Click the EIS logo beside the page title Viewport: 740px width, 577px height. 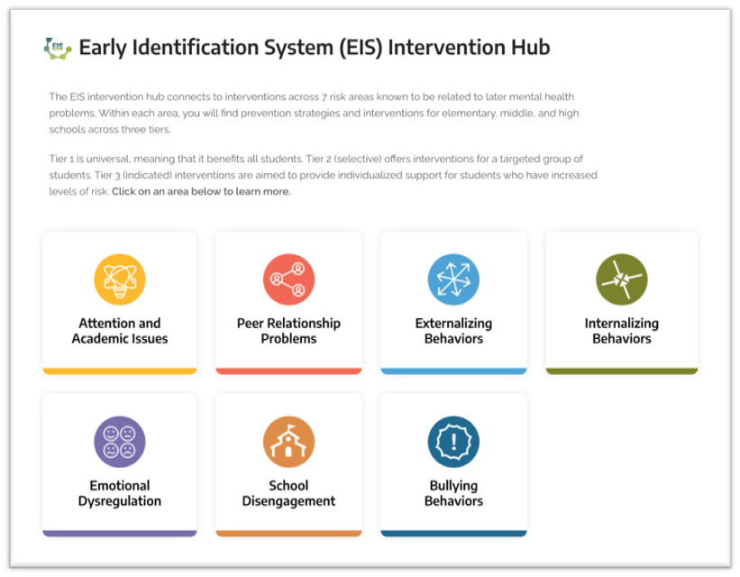58,48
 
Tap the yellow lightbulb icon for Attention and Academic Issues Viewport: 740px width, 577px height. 120,279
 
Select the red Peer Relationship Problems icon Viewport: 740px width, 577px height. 288,279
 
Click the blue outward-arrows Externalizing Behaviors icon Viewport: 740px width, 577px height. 453,279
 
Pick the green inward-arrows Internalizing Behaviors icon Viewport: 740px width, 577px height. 622,279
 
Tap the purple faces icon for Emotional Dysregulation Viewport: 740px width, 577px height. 120,442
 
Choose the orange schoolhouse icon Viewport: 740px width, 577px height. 288,442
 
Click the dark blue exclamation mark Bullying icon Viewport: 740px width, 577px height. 453,442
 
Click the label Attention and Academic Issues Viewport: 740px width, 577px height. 120,331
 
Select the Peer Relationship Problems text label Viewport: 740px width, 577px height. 288,331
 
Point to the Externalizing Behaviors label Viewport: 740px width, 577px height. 453,331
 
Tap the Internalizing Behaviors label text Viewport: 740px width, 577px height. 622,331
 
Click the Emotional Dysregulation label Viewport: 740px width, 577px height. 120,493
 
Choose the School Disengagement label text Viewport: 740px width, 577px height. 288,493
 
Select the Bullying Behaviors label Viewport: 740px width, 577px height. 453,493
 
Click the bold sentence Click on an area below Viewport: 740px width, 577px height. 202,191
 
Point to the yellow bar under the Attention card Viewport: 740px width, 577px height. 120,371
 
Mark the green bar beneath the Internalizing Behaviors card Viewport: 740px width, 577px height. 622,371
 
